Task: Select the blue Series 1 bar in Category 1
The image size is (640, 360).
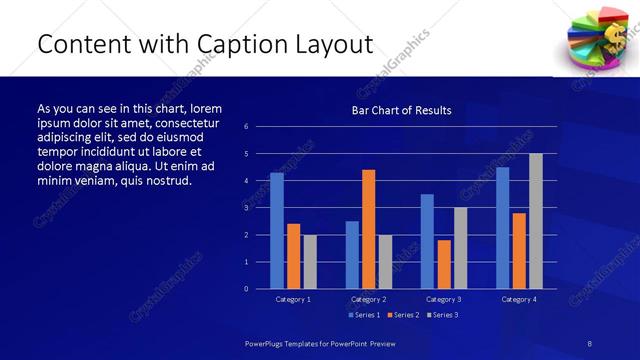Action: click(x=277, y=231)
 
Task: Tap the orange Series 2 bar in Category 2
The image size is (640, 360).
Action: click(x=368, y=229)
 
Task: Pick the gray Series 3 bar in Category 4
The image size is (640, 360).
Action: click(x=535, y=221)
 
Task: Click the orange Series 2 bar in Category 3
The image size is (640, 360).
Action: click(x=444, y=264)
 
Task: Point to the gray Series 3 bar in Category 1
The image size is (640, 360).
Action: click(x=310, y=262)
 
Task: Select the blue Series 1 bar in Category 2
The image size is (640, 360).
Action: click(x=352, y=255)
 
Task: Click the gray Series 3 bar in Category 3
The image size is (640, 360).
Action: click(x=460, y=248)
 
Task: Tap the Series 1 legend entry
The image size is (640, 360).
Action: click(x=364, y=315)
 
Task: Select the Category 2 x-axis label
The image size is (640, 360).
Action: click(x=368, y=299)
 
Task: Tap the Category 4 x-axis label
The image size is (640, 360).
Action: click(x=518, y=299)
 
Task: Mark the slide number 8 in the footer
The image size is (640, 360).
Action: click(x=590, y=343)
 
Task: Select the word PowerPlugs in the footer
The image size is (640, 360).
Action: click(x=266, y=343)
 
